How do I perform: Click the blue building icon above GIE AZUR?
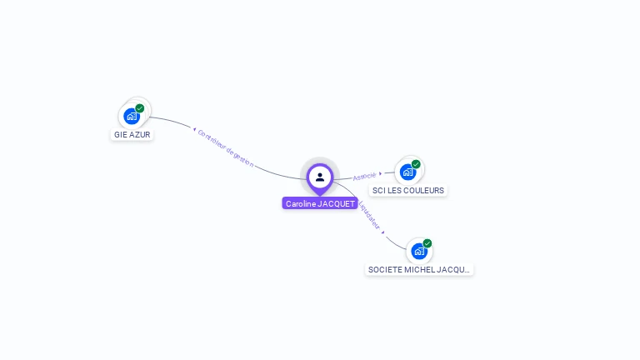coord(132,116)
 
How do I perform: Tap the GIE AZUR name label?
coord(132,134)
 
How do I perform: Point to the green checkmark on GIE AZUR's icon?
coord(140,108)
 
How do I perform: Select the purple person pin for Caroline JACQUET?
coord(320,177)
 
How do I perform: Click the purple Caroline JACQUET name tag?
coord(321,203)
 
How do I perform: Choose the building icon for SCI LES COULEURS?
coord(407,172)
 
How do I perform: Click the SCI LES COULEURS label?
coord(408,190)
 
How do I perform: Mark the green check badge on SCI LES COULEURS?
coord(416,164)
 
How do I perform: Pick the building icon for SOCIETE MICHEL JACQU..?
coord(419,251)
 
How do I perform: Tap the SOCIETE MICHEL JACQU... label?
coord(419,270)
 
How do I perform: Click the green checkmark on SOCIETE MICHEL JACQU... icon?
coord(427,243)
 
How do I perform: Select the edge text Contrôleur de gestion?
coord(226,148)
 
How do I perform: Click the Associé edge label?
coord(364,177)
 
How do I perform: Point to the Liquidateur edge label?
coord(368,213)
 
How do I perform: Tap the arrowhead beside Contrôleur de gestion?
coord(194,129)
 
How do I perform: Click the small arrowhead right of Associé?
coord(381,173)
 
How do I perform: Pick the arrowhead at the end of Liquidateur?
coord(383,232)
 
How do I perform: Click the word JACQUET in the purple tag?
coord(337,203)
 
